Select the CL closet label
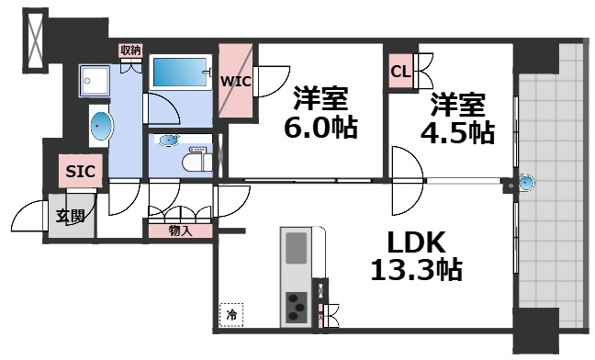400,72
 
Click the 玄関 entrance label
70,217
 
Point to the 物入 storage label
181,231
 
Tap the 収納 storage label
129,51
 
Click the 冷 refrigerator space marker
231,314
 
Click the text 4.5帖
456,131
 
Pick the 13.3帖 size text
416,271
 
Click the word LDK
415,242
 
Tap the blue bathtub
179,72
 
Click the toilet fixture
196,160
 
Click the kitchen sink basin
297,248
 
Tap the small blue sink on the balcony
525,184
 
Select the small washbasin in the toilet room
169,141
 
